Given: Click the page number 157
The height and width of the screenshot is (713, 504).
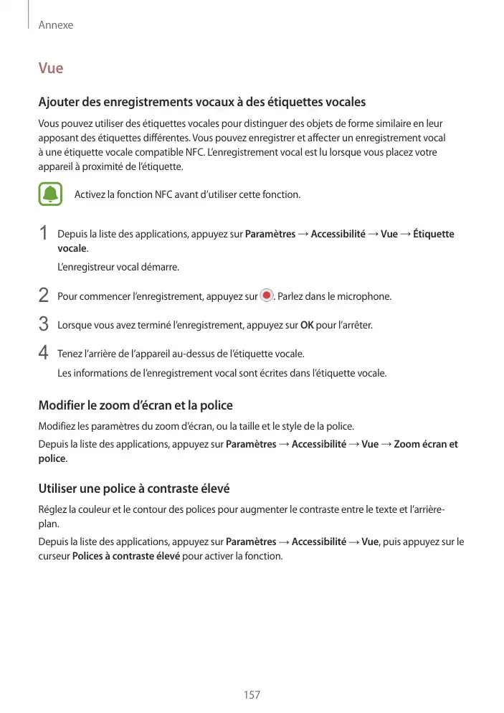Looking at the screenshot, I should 252,695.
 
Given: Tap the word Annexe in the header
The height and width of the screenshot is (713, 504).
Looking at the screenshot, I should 55,25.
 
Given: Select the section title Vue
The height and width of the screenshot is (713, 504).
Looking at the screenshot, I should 51,69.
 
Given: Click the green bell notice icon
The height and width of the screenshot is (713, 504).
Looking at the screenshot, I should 51,195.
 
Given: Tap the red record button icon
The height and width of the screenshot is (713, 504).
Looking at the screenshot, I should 267,296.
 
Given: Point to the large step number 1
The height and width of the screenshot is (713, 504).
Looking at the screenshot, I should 44,235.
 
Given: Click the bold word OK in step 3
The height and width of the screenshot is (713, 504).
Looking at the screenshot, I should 306,326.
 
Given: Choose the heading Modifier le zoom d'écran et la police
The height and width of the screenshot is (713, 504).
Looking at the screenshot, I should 135,405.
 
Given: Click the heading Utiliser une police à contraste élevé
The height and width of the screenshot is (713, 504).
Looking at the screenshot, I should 133,489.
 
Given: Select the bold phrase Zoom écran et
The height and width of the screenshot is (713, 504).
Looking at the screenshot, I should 426,445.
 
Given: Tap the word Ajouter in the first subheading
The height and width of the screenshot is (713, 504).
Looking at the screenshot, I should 60,102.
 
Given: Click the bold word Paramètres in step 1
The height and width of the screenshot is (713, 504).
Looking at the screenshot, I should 270,235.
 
